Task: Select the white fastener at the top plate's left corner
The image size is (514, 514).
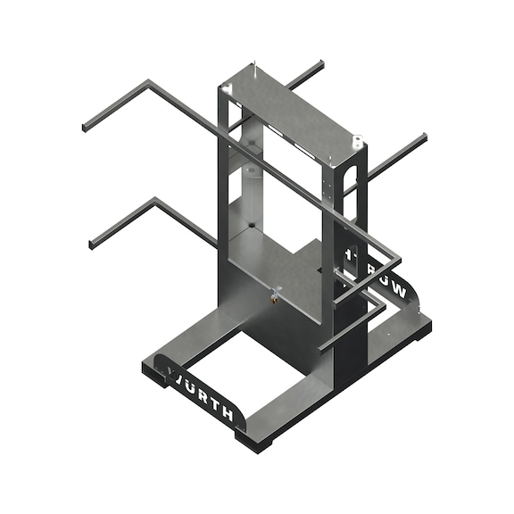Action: [x=228, y=87]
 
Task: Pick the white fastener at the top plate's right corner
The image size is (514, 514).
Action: [x=356, y=140]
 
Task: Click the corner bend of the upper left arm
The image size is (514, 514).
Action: [x=148, y=84]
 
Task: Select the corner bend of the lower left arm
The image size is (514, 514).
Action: [x=155, y=200]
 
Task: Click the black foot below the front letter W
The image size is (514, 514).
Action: [x=156, y=378]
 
